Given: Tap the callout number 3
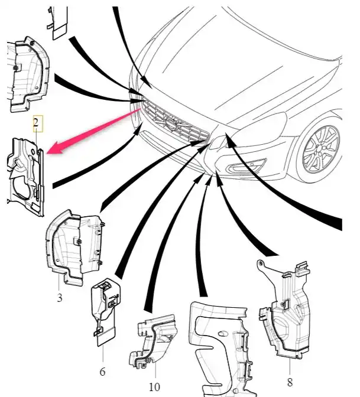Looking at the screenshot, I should pos(60,298).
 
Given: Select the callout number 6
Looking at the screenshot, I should pos(102,372).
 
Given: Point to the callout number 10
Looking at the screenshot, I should pos(154,388).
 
